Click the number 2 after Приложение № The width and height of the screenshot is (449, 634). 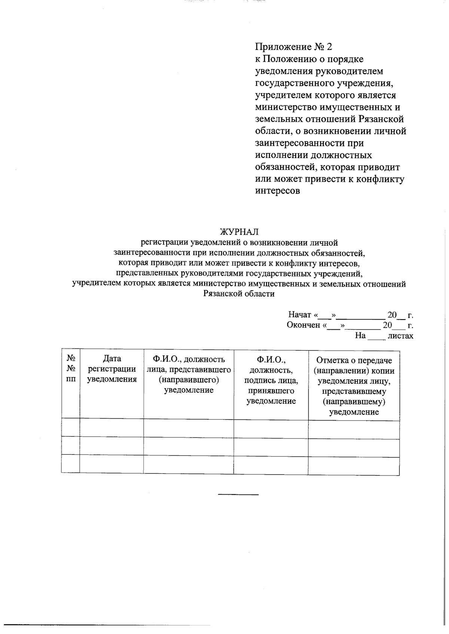point(329,47)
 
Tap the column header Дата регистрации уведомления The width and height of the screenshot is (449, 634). point(112,369)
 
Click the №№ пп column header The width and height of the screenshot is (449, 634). point(71,369)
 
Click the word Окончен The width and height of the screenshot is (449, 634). point(303,325)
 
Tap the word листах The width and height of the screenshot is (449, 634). point(400,336)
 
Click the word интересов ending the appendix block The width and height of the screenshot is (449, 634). point(278,191)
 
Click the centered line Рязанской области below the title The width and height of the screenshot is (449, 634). point(239,294)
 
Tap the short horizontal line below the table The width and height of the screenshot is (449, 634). point(238,495)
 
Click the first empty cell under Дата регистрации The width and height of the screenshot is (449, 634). point(112,428)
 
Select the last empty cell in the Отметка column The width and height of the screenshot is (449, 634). point(354,466)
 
